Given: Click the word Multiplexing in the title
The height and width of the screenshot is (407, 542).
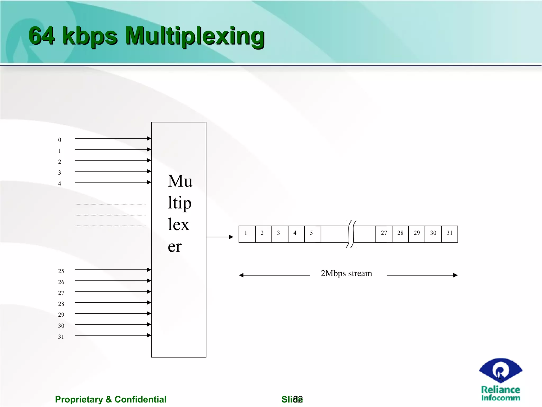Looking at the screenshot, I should [195, 36].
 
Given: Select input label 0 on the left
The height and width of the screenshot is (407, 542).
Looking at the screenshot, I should [60, 140].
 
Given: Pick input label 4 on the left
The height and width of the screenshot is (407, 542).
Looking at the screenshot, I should [60, 184].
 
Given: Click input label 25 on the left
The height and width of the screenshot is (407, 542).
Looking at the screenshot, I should [61, 271].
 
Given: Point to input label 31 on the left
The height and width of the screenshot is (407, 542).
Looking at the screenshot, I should [61, 337].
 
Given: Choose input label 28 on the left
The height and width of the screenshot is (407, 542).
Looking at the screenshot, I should [61, 304].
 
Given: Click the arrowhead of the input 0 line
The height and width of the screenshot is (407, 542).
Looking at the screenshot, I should [149, 138].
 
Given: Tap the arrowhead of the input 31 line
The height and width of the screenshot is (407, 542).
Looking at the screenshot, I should [149, 335].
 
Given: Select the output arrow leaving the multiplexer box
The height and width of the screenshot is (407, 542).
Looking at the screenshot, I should [220, 237].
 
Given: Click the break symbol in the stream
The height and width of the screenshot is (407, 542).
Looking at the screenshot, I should [351, 234].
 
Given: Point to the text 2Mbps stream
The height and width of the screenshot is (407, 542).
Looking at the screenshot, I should [346, 273].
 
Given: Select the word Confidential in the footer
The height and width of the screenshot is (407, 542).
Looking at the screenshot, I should [141, 399].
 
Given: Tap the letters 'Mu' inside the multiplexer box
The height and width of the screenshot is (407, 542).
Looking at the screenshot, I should [180, 181].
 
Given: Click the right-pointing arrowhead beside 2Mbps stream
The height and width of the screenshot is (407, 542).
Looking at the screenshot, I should [455, 275].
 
